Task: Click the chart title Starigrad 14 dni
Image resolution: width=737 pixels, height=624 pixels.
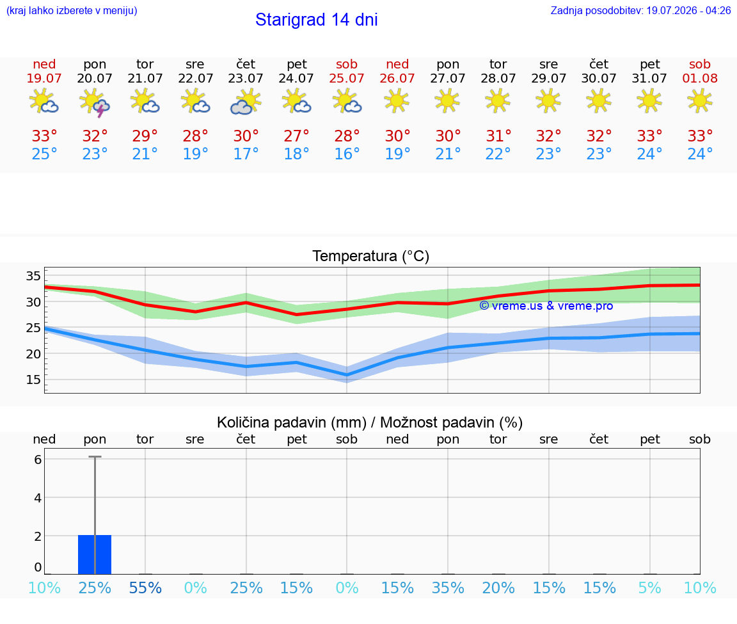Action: click(x=316, y=20)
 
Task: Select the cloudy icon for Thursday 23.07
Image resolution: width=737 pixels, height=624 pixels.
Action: click(x=246, y=102)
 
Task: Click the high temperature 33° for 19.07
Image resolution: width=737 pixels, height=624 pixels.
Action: click(x=44, y=136)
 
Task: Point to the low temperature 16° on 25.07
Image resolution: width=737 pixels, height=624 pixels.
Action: click(x=347, y=154)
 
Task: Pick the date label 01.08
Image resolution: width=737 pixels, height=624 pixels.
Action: click(x=700, y=78)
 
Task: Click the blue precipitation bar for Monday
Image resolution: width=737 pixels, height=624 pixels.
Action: click(x=95, y=554)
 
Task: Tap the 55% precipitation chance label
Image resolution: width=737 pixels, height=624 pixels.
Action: click(x=145, y=588)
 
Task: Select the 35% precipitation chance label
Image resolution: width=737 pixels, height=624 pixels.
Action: click(x=448, y=588)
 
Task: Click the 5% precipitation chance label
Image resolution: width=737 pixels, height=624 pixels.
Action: click(x=649, y=588)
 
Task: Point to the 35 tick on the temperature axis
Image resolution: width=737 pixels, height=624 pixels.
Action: click(x=33, y=276)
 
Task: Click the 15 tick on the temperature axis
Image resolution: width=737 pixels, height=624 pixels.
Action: click(x=33, y=380)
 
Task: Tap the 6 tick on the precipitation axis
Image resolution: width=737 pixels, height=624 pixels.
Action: click(x=38, y=459)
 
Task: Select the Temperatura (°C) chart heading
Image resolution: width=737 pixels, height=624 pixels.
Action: click(x=371, y=256)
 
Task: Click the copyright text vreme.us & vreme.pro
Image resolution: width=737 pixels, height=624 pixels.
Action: click(x=546, y=306)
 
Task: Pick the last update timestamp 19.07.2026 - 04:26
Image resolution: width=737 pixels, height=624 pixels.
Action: click(x=688, y=10)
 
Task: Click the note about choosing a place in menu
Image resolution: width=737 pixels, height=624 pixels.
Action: click(x=72, y=10)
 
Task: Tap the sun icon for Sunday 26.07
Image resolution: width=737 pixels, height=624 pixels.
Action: click(x=397, y=101)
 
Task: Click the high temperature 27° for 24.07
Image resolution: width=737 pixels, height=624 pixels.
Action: click(x=296, y=136)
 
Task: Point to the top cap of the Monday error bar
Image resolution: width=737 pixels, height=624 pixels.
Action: click(x=95, y=456)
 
